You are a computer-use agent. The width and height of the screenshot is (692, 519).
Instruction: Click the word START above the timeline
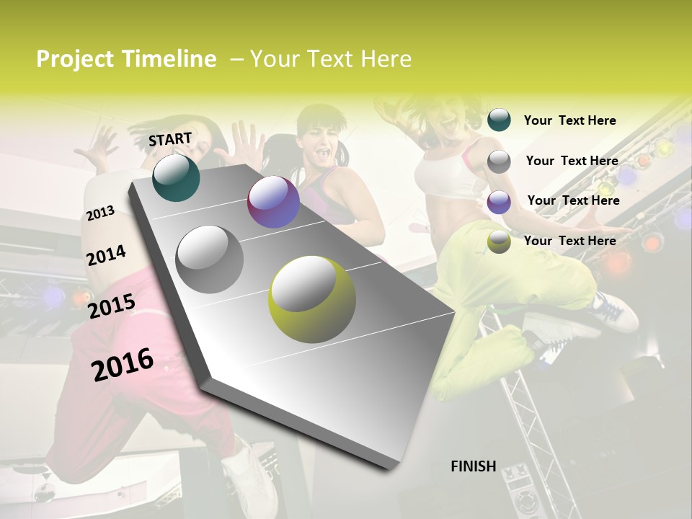(170, 139)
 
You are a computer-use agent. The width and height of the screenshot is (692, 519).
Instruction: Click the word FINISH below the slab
(473, 466)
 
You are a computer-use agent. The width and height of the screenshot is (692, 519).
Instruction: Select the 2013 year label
(100, 213)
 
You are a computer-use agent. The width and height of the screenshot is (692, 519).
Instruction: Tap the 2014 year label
(106, 256)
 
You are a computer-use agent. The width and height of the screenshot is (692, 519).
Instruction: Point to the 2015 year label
(112, 306)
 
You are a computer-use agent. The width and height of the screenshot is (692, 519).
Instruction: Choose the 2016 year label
(123, 365)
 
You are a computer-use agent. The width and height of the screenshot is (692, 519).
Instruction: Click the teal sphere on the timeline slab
(176, 177)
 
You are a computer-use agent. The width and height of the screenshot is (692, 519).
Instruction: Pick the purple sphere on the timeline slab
(273, 202)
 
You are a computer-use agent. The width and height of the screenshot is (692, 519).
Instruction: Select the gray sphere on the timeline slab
(209, 259)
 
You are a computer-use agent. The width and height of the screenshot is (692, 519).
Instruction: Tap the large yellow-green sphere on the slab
(312, 299)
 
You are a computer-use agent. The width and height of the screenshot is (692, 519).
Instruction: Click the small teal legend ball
(499, 120)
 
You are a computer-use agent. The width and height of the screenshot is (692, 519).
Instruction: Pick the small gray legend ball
(499, 161)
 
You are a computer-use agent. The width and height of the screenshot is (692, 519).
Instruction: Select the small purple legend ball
(499, 202)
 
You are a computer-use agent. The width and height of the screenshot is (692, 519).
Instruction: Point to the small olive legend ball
(499, 241)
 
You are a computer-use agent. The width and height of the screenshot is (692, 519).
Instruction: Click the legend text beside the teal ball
(569, 121)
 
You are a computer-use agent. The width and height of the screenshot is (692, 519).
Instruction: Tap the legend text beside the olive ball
(569, 241)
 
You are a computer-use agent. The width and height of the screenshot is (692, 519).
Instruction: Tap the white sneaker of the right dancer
(613, 310)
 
